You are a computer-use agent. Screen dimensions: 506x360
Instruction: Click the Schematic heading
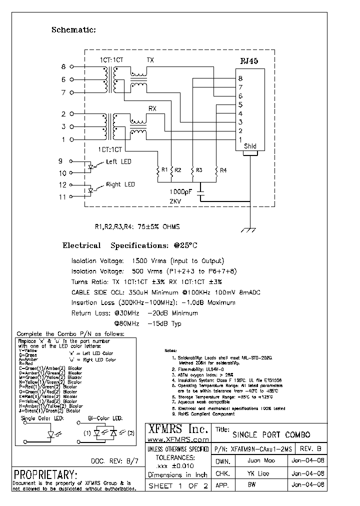point(73,30)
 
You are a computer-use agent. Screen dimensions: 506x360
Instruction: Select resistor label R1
point(164,170)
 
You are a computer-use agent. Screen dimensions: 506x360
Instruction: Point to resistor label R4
point(223,170)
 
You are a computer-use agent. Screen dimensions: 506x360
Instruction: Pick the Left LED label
point(118,162)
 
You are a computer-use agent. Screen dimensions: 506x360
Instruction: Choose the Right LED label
point(120,185)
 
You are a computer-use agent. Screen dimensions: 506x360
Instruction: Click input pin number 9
point(61,161)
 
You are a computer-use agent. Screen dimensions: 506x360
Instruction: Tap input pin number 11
point(62,197)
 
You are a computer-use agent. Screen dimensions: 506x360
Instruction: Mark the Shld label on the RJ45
point(250,146)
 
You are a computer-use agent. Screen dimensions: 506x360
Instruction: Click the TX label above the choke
point(150,60)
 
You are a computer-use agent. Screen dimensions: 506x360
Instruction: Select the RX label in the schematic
point(152,108)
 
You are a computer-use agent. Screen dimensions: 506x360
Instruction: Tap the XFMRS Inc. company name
point(178,429)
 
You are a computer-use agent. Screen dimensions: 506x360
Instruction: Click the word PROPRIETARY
point(45,474)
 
